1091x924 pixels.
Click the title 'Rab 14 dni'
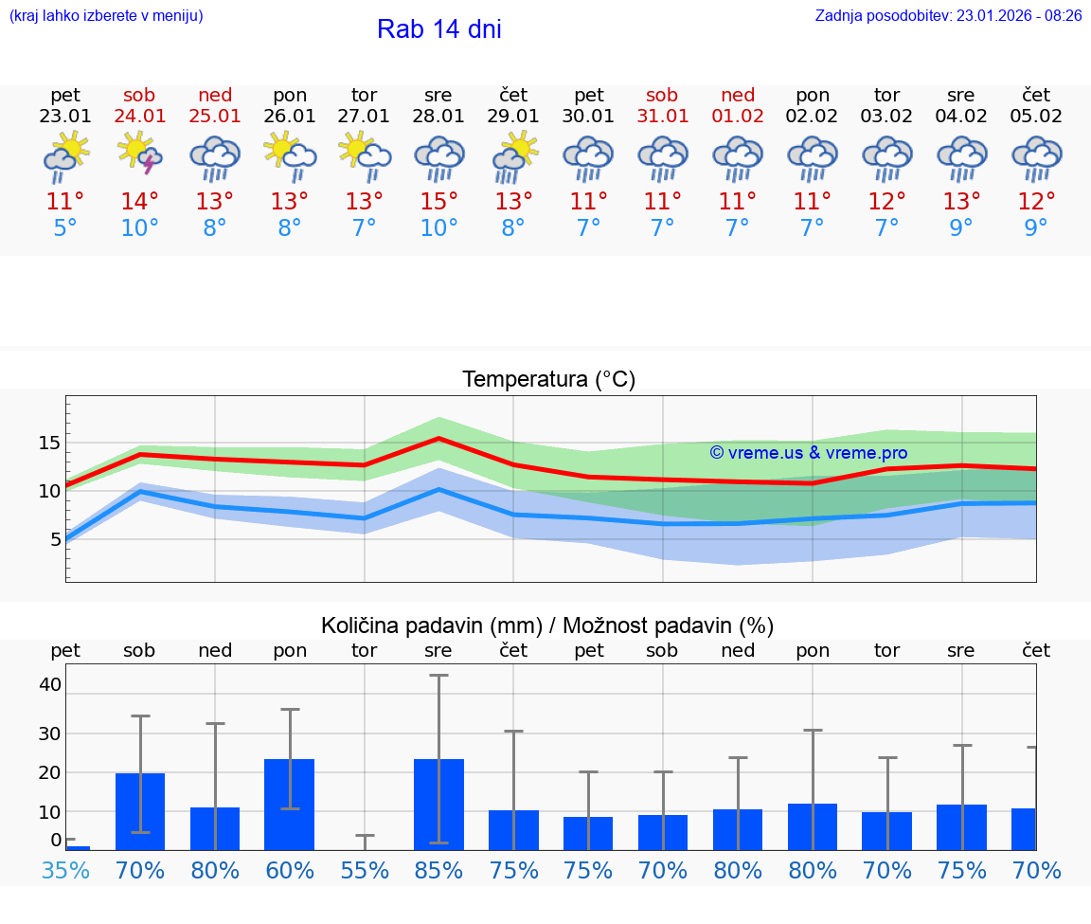[438, 29]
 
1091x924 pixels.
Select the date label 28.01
[438, 117]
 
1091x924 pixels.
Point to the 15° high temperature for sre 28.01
[438, 202]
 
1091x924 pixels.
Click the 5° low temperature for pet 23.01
[65, 228]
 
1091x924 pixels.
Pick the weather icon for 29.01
[513, 155]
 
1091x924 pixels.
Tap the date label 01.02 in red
[738, 117]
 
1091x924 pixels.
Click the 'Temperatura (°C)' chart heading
[548, 380]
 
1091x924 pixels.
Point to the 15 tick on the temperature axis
[49, 443]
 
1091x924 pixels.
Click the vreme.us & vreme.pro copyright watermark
[808, 453]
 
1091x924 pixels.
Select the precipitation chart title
[547, 625]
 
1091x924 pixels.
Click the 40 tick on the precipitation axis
[49, 684]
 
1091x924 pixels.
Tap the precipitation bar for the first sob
[140, 811]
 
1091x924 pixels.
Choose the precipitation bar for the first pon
[290, 804]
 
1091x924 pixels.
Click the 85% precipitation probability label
[438, 871]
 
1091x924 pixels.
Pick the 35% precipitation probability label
[65, 871]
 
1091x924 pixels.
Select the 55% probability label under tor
[365, 871]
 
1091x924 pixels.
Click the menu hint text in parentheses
[105, 15]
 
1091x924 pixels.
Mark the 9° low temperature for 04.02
[961, 228]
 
